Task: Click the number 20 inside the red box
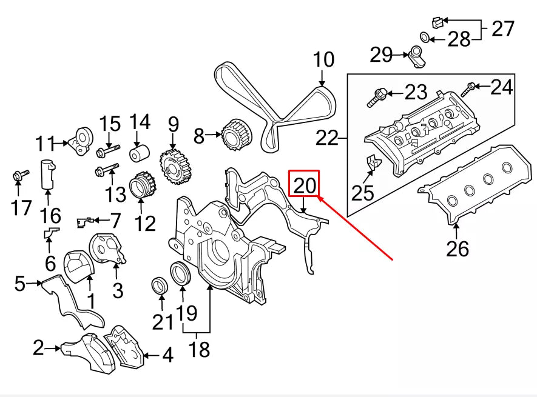[305, 184]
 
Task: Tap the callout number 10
[323, 60]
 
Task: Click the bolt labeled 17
[18, 176]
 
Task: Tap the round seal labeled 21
[160, 285]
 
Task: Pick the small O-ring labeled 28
[427, 39]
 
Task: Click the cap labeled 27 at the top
[437, 23]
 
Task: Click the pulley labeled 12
[141, 187]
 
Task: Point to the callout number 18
[198, 349]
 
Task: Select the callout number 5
[20, 283]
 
